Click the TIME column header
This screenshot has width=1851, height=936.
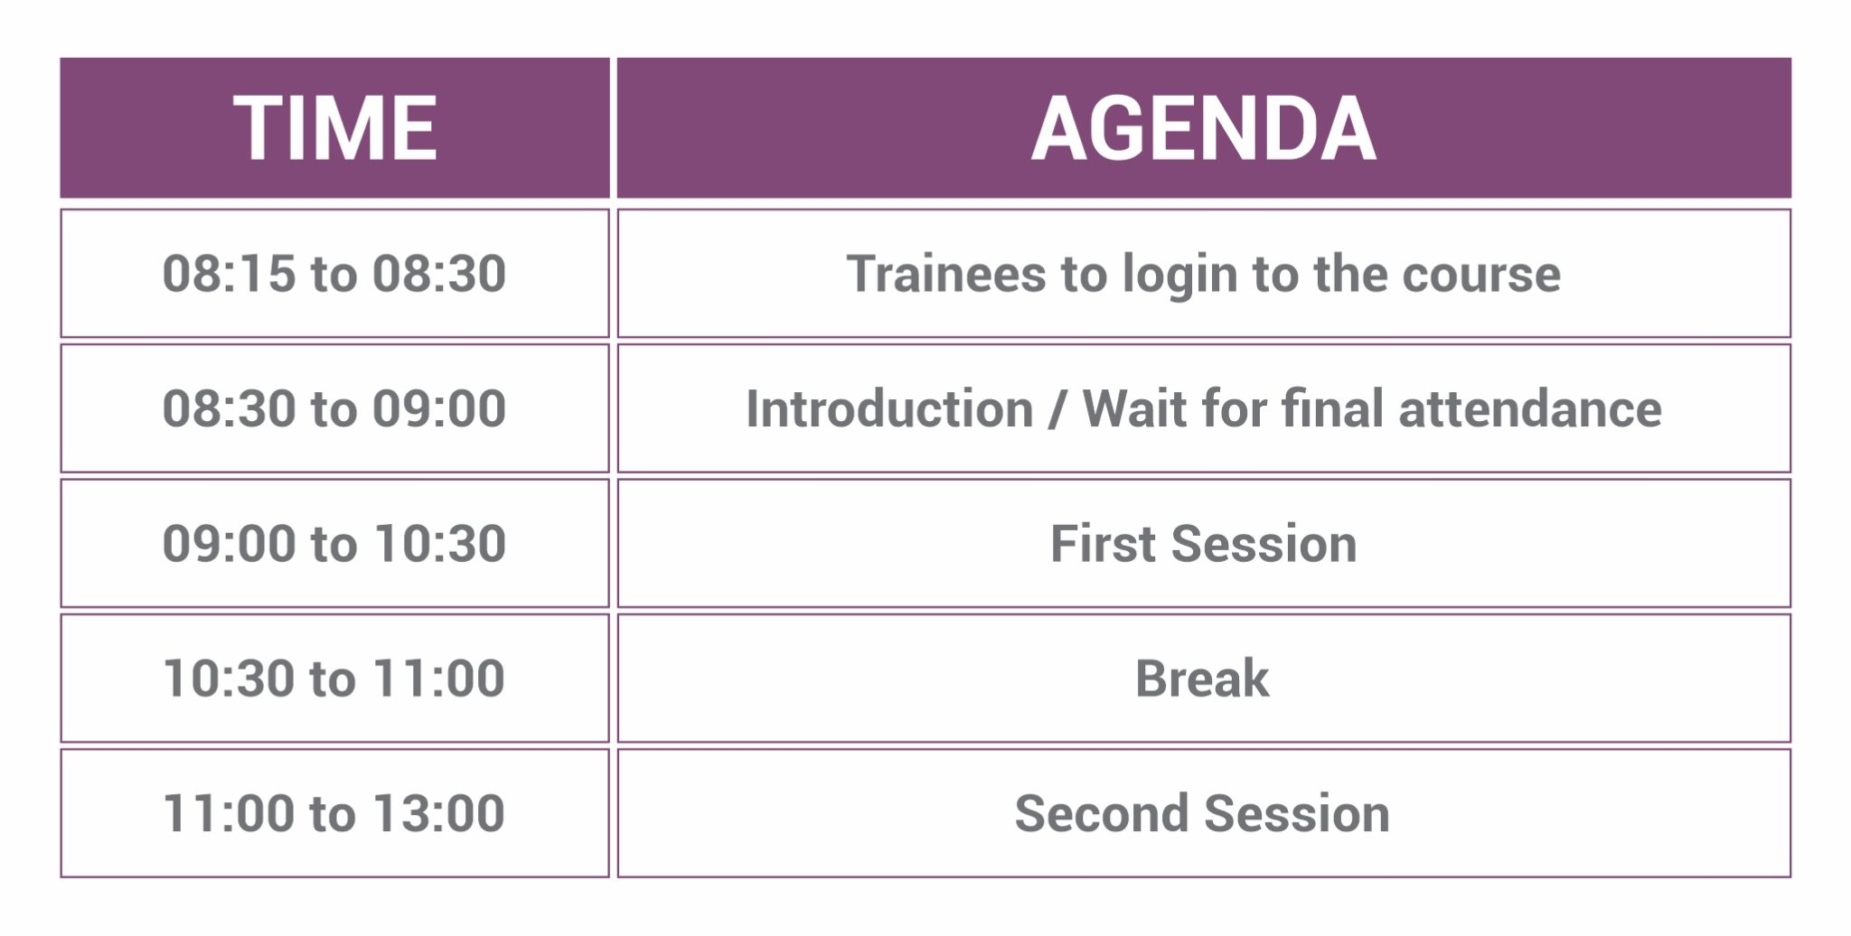pyautogui.click(x=335, y=128)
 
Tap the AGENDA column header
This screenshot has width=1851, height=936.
pyautogui.click(x=1204, y=128)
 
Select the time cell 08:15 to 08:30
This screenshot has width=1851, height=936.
pyautogui.click(x=335, y=274)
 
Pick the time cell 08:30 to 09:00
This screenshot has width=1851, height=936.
pyautogui.click(x=335, y=408)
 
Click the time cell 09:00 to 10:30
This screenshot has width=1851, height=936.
pyautogui.click(x=335, y=543)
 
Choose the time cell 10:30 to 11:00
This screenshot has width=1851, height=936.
pyautogui.click(x=335, y=678)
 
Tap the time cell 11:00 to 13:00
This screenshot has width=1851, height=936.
pyautogui.click(x=335, y=813)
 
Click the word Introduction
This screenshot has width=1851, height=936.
pyautogui.click(x=889, y=408)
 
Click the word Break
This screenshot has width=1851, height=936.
pyautogui.click(x=1202, y=679)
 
